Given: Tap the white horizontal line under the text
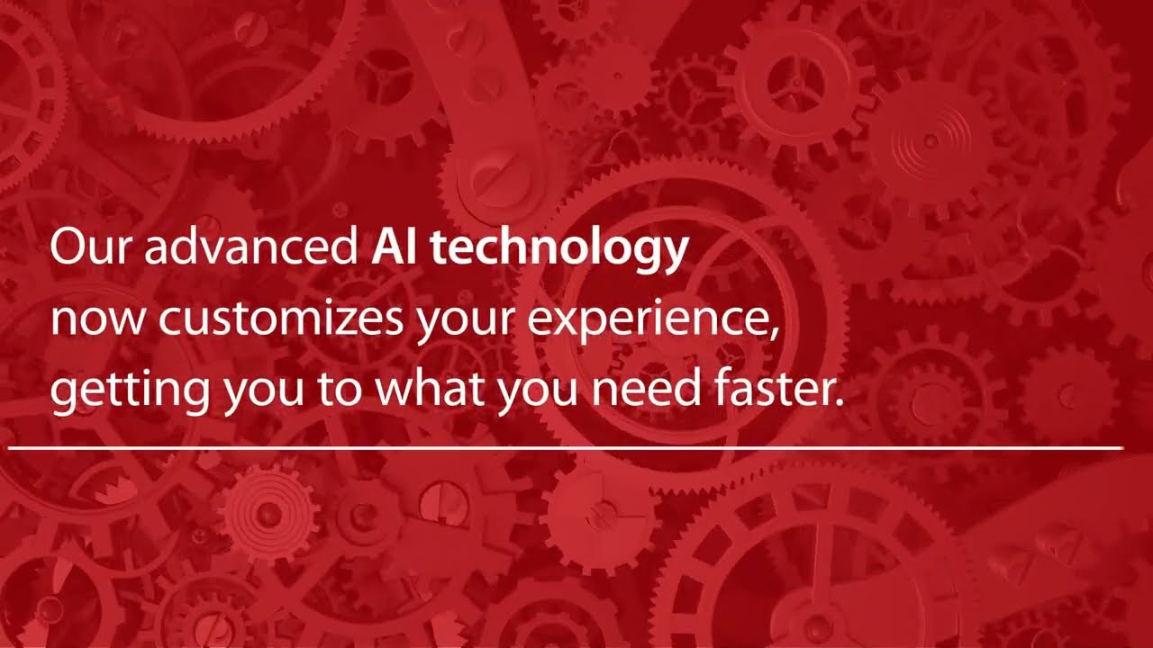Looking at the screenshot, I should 565,446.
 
